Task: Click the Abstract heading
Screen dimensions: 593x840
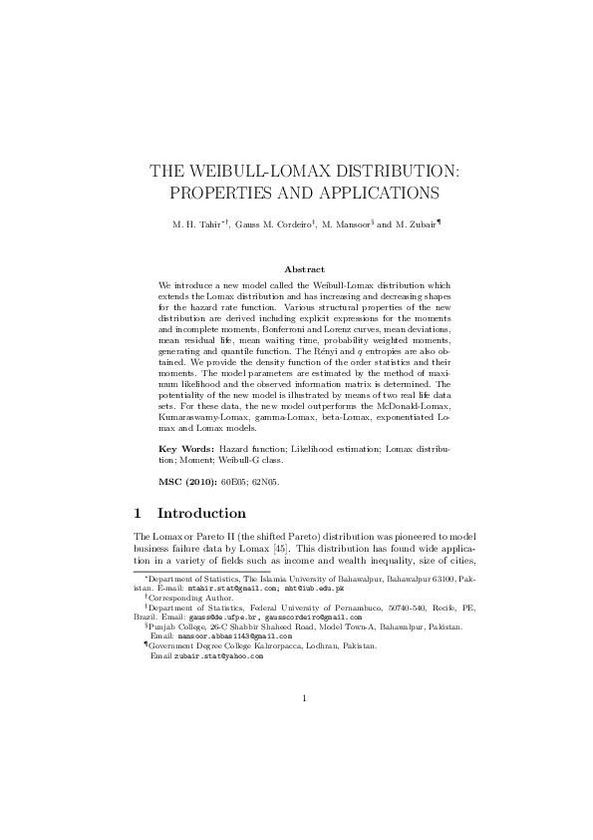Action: tap(304, 269)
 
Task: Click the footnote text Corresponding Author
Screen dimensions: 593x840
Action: tap(191, 598)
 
